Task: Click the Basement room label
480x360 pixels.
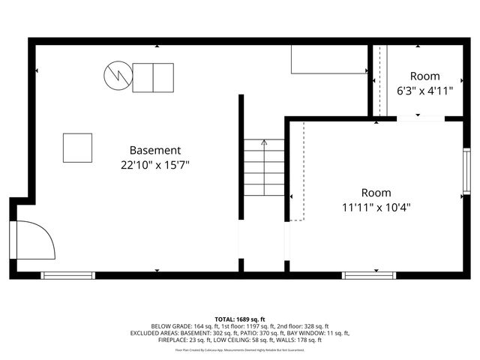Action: click(x=155, y=150)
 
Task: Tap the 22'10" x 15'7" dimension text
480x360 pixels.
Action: click(x=155, y=164)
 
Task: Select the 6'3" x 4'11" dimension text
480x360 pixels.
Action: click(x=424, y=91)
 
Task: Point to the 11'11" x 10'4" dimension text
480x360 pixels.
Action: click(x=376, y=207)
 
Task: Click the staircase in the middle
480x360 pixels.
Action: click(x=264, y=177)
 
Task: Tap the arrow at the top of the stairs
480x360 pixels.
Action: click(x=264, y=142)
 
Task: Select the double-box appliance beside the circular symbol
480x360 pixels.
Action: click(x=153, y=77)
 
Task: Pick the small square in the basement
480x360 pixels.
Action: click(x=77, y=148)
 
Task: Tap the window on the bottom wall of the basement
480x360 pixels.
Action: click(x=68, y=275)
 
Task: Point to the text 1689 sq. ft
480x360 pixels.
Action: click(x=251, y=319)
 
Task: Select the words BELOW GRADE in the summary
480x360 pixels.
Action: click(x=171, y=326)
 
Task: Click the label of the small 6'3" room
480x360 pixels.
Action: click(x=424, y=76)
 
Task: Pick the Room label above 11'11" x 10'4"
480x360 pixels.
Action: click(x=376, y=193)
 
